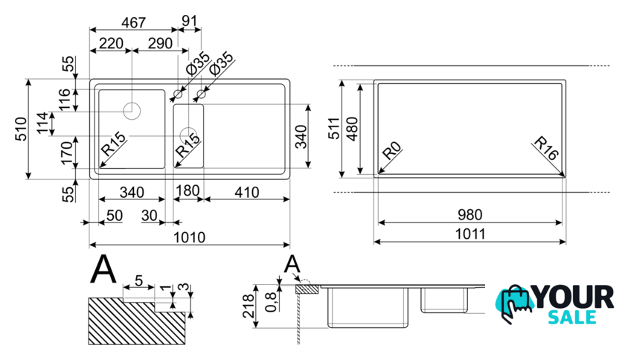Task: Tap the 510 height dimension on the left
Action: (22, 128)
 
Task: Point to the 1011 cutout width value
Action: (470, 234)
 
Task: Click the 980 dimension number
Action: (470, 215)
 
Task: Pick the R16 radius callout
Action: (547, 152)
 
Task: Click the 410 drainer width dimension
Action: (245, 193)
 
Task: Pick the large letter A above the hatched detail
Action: (103, 270)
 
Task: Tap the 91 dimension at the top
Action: (190, 21)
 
